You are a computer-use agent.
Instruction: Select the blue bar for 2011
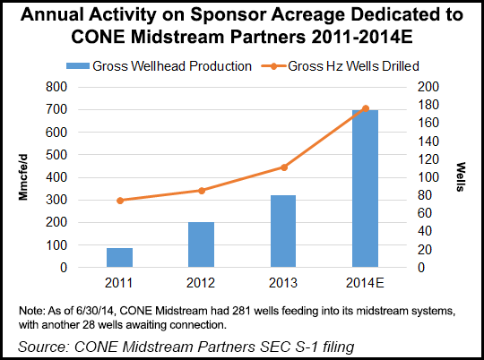[x=119, y=258]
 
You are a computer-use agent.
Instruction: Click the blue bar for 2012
[x=202, y=244]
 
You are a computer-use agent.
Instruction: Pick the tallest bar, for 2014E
[x=365, y=188]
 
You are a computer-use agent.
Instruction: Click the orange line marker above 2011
[x=120, y=201]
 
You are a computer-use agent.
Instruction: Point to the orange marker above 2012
[x=202, y=190]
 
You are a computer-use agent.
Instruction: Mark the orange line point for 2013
[x=283, y=167]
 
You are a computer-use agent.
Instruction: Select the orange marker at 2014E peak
[x=365, y=108]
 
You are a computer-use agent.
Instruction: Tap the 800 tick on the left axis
[x=56, y=87]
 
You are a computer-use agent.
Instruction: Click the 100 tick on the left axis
[x=56, y=244]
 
